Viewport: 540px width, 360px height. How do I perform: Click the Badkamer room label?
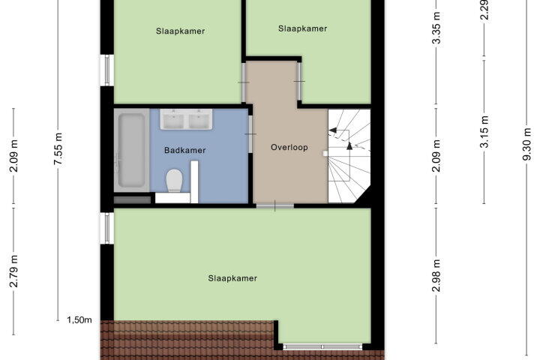tap(185, 150)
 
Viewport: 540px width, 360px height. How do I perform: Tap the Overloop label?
tap(289, 148)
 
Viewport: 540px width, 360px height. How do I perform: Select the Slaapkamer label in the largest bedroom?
tap(232, 278)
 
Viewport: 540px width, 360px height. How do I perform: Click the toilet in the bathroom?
tap(174, 180)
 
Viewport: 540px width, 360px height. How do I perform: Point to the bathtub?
tap(131, 151)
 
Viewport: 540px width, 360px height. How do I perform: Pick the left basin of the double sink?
tap(173, 121)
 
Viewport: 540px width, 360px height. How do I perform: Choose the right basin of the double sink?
tap(199, 121)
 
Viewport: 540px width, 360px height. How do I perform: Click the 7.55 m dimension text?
tap(58, 148)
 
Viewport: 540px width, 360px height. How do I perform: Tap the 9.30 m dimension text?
tap(527, 144)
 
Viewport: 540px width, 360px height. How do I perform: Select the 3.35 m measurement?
tap(436, 28)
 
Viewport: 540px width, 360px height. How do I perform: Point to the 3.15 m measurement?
tap(484, 132)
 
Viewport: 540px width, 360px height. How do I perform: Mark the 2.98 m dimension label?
tap(436, 275)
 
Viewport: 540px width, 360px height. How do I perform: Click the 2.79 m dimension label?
tap(13, 271)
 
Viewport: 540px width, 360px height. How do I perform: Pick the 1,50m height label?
tap(79, 320)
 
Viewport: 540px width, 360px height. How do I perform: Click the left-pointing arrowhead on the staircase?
tap(333, 130)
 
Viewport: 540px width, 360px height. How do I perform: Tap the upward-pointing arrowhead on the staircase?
tap(349, 145)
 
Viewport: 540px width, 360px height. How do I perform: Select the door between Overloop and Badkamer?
tap(250, 133)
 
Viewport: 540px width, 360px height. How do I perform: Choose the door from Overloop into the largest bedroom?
tap(274, 205)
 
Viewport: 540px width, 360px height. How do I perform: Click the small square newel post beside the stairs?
tap(325, 154)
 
